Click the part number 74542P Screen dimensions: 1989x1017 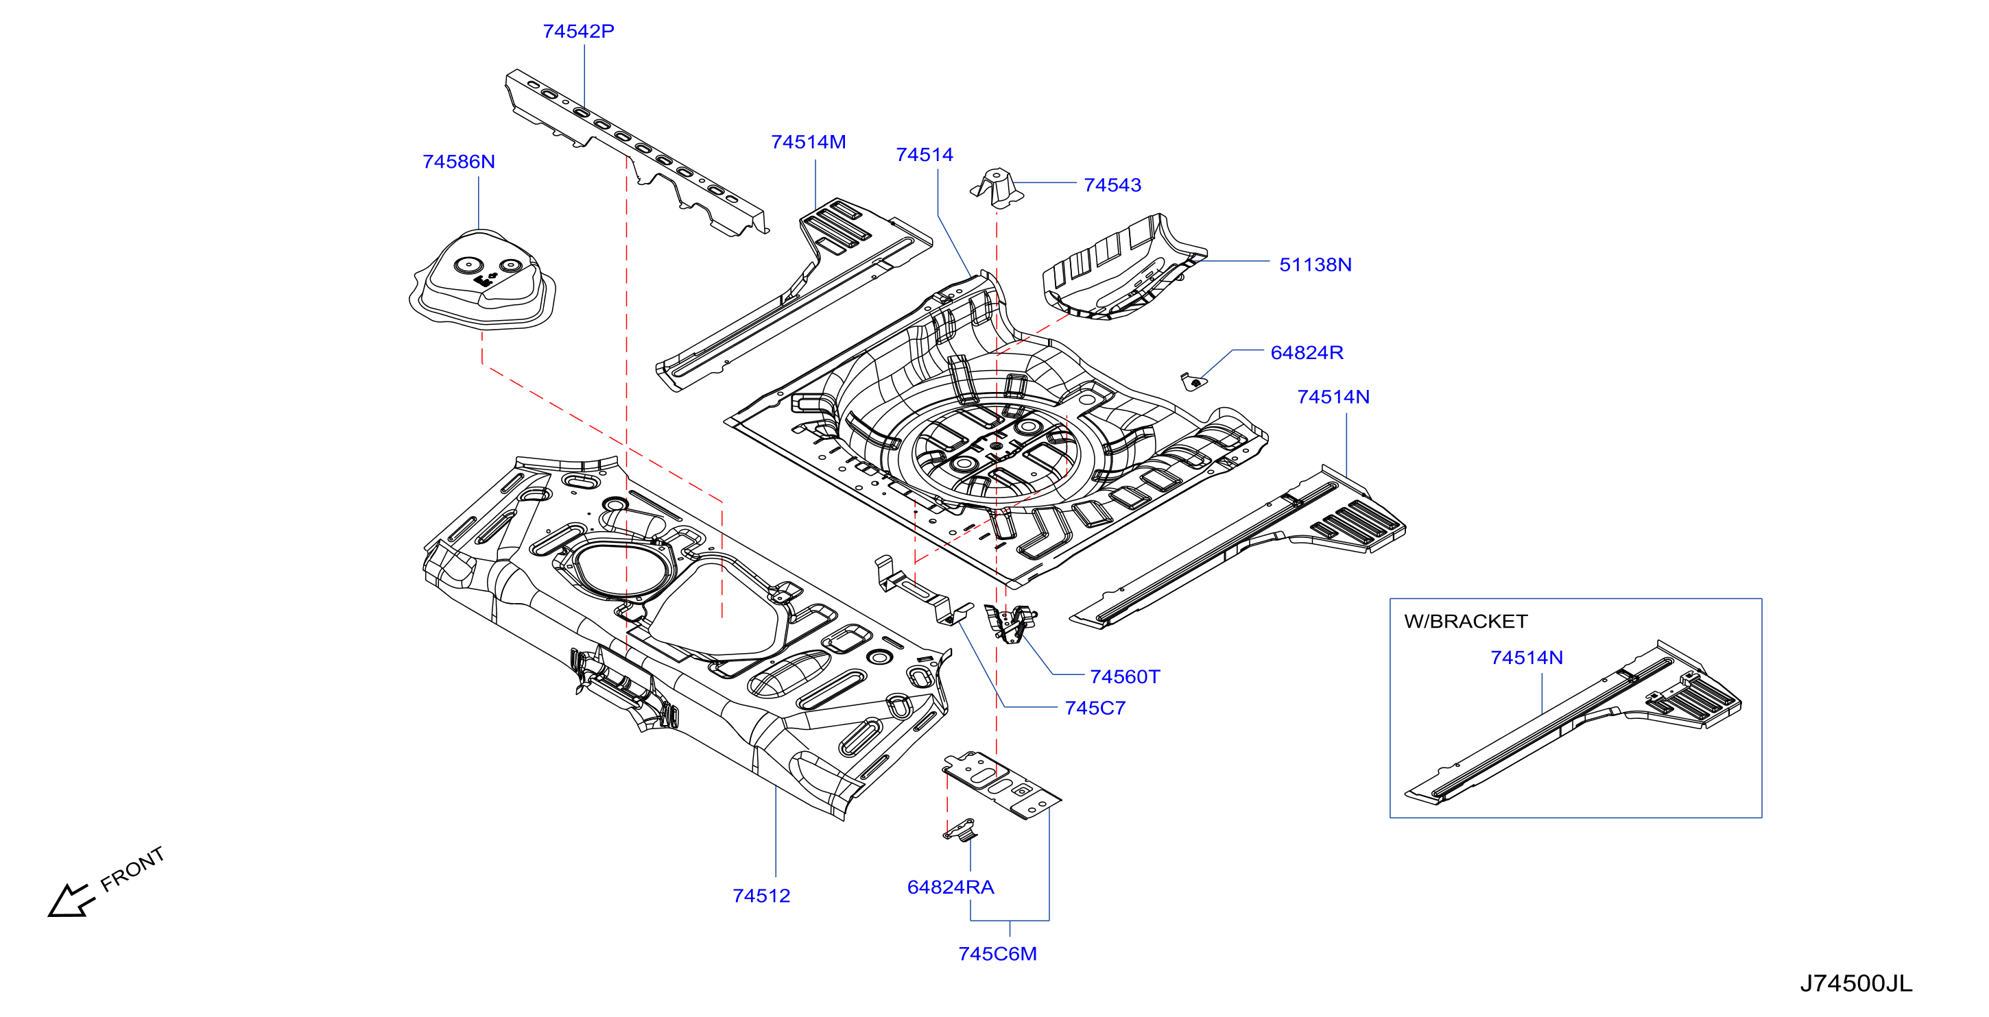tap(578, 32)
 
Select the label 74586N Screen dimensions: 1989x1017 tap(459, 162)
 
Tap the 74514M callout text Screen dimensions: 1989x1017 tap(809, 143)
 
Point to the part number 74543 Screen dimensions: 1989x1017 tap(1112, 185)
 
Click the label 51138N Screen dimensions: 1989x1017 tap(1315, 265)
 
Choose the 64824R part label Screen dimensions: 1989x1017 tap(1307, 353)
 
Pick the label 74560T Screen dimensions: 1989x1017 tap(1124, 676)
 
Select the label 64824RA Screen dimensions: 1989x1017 tap(951, 887)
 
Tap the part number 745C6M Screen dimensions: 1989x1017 tap(998, 955)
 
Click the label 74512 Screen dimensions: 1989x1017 tap(761, 896)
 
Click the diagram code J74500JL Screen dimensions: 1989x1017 tap(1856, 984)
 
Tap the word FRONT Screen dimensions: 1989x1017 tap(133, 869)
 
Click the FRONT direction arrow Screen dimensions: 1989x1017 tap(71, 900)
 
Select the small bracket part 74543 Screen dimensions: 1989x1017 tap(997, 188)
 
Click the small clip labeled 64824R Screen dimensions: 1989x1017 tap(1192, 381)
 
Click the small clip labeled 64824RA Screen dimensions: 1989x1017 tap(960, 829)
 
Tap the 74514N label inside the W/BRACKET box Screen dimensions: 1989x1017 tap(1527, 658)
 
